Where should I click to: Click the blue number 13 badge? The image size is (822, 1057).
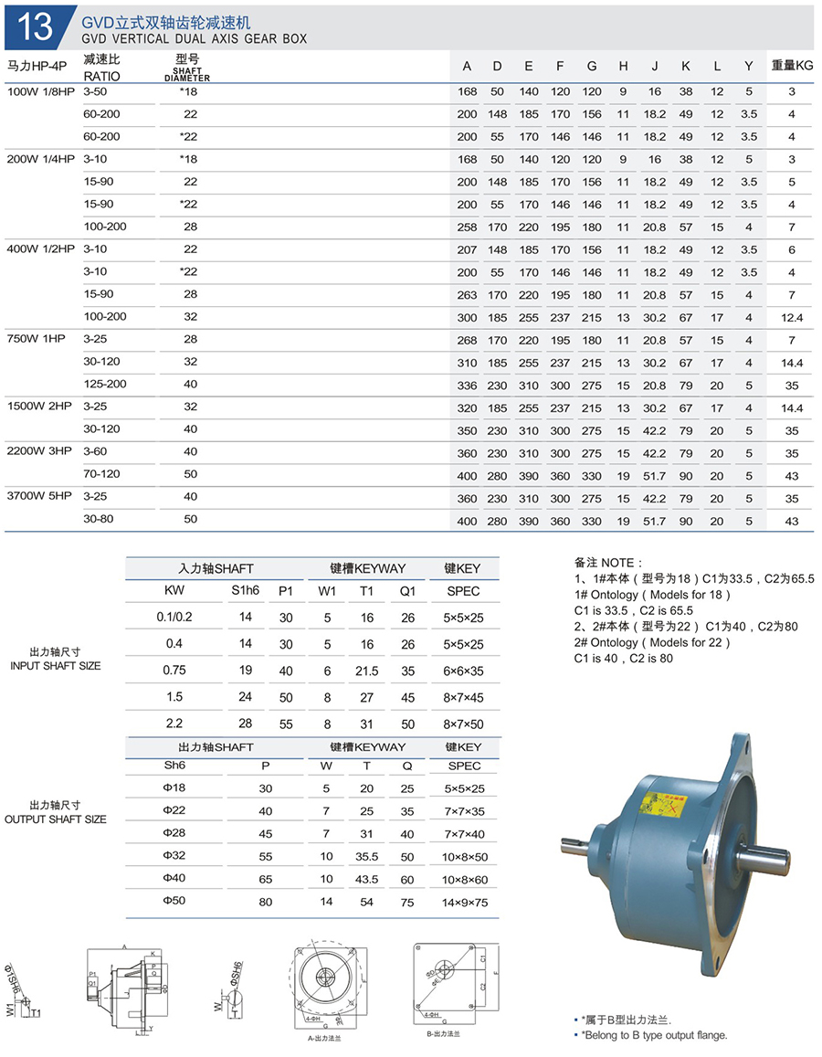[35, 26]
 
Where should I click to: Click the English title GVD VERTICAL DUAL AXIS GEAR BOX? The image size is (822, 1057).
[194, 39]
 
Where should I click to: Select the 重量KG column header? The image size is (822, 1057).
[791, 66]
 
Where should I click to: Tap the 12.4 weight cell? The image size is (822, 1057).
[791, 317]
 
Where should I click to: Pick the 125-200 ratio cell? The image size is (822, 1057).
[105, 385]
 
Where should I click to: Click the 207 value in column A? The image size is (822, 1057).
[467, 249]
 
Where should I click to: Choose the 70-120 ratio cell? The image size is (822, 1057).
[101, 474]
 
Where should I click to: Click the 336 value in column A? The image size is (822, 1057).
[467, 385]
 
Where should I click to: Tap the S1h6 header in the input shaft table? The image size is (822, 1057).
[246, 591]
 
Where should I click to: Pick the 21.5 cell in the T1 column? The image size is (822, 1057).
[366, 671]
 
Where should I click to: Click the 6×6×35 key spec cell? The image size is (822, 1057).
[464, 671]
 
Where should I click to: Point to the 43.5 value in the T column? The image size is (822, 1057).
[367, 879]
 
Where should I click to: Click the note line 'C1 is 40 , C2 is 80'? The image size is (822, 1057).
[624, 658]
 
